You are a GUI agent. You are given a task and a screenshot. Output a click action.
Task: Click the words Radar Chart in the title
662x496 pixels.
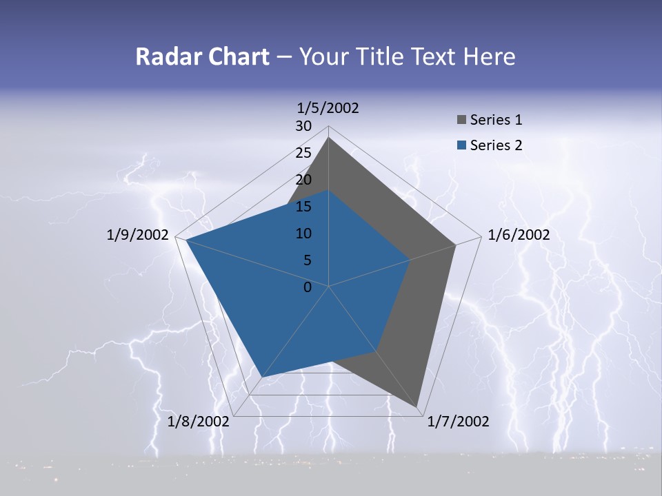(202, 56)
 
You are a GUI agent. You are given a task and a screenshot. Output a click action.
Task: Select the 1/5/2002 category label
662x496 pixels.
(328, 107)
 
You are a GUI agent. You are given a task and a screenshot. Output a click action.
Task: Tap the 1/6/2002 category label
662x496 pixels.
(519, 235)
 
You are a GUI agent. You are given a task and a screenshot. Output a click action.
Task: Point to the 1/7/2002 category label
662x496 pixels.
(458, 422)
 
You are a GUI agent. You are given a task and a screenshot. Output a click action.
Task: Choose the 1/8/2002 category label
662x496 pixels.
(199, 422)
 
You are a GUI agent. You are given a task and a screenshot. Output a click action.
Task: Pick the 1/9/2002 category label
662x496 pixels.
(138, 235)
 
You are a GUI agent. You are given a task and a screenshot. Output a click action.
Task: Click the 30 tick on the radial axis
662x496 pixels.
(303, 126)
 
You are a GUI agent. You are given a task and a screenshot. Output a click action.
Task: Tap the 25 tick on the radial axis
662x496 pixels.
(303, 153)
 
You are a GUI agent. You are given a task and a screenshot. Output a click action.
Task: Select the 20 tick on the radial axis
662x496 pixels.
(303, 180)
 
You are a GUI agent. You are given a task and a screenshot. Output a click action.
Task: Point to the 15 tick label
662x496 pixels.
(303, 207)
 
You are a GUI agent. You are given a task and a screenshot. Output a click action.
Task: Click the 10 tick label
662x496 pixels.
(303, 234)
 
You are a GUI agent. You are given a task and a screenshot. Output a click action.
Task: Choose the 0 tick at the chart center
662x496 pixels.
(308, 287)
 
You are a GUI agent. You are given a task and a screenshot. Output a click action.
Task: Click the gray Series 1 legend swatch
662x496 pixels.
(461, 121)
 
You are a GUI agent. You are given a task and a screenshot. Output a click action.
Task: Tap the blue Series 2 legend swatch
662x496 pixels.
(461, 145)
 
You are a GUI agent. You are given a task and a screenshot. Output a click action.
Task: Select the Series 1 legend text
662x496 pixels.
(496, 120)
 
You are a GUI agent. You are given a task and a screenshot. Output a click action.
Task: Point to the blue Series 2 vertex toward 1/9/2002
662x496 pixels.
(186, 240)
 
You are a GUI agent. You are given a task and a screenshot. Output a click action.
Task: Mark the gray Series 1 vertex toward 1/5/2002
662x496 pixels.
(329, 137)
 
